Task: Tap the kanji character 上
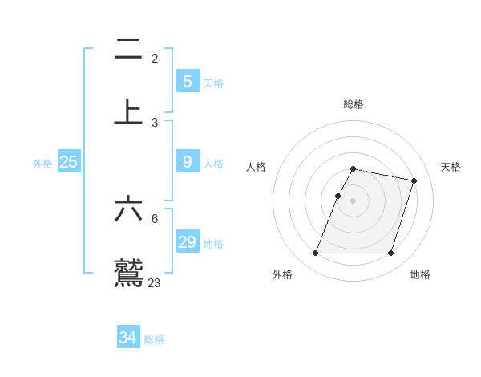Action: pyautogui.click(x=128, y=112)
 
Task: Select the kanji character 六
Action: pyautogui.click(x=128, y=209)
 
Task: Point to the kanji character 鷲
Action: pyautogui.click(x=128, y=273)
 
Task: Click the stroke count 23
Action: pyautogui.click(x=154, y=282)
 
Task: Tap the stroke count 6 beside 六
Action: pyautogui.click(x=155, y=218)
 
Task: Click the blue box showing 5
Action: pyautogui.click(x=187, y=81)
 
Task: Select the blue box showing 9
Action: pyautogui.click(x=187, y=162)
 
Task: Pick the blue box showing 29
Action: pyautogui.click(x=187, y=242)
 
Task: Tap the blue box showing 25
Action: pyautogui.click(x=68, y=162)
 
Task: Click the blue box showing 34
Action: pyautogui.click(x=127, y=338)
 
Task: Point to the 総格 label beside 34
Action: pyautogui.click(x=154, y=339)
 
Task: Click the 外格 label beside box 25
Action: pyautogui.click(x=42, y=164)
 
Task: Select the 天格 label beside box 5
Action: pyautogui.click(x=213, y=83)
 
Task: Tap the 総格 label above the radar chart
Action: pyautogui.click(x=353, y=104)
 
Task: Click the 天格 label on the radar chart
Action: pyautogui.click(x=451, y=167)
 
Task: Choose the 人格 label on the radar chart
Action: pyautogui.click(x=256, y=167)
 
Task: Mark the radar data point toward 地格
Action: pyautogui.click(x=390, y=253)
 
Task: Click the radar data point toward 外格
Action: pyautogui.click(x=316, y=253)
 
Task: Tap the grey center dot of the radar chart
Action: pyautogui.click(x=353, y=201)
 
